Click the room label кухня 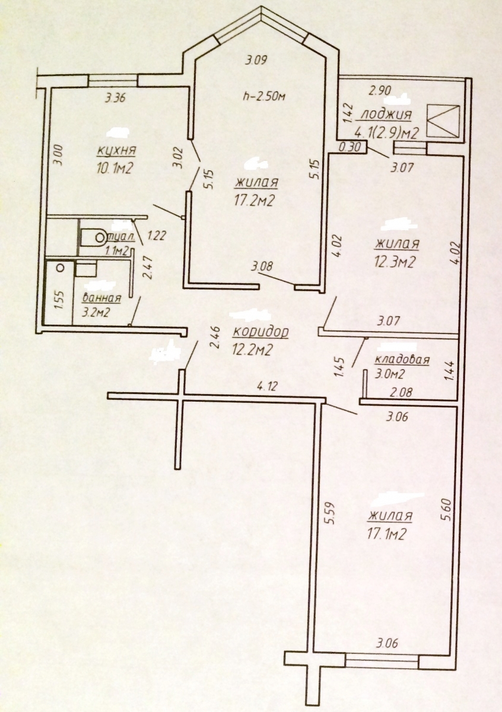[116, 150]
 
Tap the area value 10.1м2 [115, 167]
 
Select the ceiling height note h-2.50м [263, 96]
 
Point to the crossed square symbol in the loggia [443, 121]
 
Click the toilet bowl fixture [94, 237]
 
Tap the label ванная [101, 298]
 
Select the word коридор [260, 332]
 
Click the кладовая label [402, 360]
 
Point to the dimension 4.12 [268, 386]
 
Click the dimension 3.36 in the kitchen [115, 97]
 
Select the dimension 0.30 [350, 147]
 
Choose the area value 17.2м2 [255, 201]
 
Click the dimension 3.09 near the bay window [256, 60]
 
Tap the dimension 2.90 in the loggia [380, 91]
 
